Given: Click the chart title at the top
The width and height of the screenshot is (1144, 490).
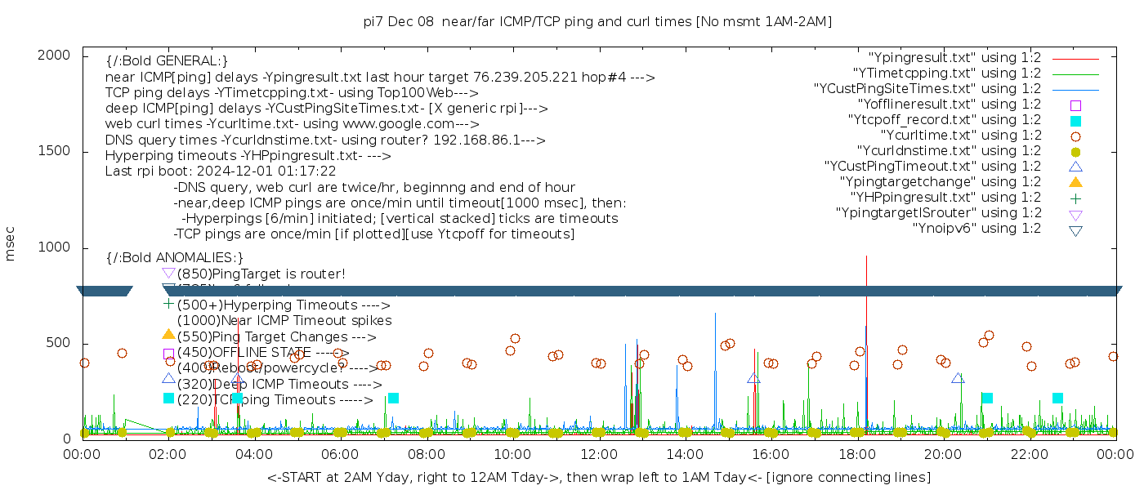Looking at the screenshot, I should [x=597, y=21].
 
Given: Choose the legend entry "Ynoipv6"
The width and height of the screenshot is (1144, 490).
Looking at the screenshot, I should [x=976, y=229].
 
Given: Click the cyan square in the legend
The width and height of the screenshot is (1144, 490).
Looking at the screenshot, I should [x=1075, y=121].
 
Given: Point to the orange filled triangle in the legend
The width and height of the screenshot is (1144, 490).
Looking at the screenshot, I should [x=1075, y=182].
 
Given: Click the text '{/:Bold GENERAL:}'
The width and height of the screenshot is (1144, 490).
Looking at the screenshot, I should [x=167, y=61].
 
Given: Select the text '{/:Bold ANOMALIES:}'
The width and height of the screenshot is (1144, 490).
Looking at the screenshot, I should [x=174, y=258].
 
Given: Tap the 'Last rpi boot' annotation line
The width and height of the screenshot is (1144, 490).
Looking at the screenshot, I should [x=221, y=171].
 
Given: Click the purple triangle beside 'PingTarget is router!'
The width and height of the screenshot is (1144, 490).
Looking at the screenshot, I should [x=168, y=273].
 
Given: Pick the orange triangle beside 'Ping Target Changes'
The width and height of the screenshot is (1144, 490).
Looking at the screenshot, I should [x=168, y=334].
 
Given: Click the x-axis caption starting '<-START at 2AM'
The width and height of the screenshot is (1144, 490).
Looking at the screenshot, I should [x=598, y=477].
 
